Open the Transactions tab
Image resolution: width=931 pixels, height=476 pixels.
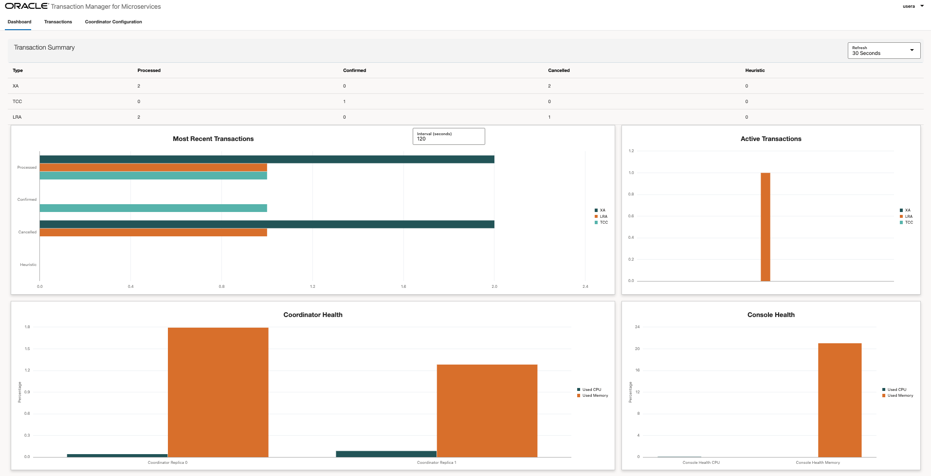[x=58, y=22]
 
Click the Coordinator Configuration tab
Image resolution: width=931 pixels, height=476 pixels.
[x=113, y=22]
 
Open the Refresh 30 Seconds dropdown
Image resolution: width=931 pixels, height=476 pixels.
[x=884, y=51]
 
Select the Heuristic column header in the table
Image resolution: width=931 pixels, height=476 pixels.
[x=755, y=71]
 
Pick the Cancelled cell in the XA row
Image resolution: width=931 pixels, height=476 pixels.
[x=549, y=86]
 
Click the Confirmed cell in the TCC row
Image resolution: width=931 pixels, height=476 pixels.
[x=345, y=102]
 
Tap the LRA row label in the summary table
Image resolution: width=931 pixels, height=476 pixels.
[x=17, y=117]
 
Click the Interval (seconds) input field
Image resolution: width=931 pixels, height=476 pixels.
[x=448, y=137]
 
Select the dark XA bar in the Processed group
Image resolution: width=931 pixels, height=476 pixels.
[x=267, y=159]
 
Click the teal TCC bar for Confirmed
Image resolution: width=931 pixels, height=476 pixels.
[x=153, y=208]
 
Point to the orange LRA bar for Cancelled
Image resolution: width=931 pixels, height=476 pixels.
[x=153, y=232]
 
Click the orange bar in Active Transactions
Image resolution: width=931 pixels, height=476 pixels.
[x=765, y=227]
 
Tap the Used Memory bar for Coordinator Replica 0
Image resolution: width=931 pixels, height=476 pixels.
[x=218, y=392]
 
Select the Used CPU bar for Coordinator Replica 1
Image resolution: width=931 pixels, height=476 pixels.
[x=386, y=454]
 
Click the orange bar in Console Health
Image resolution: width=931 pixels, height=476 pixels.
[x=840, y=400]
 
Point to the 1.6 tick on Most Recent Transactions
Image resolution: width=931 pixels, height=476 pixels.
[x=403, y=286]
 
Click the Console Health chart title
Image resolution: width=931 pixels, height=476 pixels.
[x=771, y=315]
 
